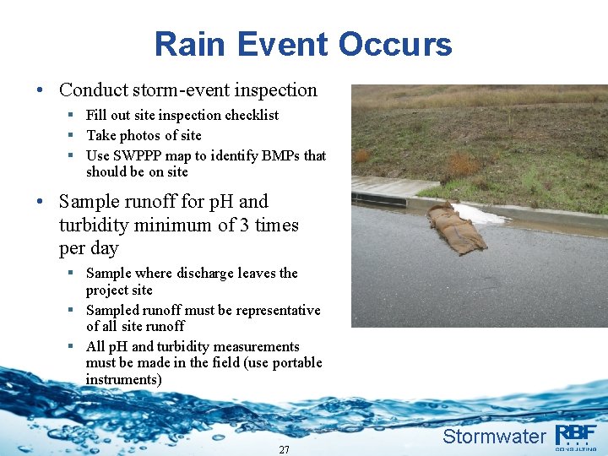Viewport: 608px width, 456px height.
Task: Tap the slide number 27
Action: point(284,449)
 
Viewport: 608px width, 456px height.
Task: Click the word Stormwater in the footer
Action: point(494,437)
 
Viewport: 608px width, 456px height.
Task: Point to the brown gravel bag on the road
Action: point(455,228)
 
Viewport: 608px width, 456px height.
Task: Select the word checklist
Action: point(249,115)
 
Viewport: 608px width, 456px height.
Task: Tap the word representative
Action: point(278,310)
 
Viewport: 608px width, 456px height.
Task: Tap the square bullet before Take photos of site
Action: point(73,135)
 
